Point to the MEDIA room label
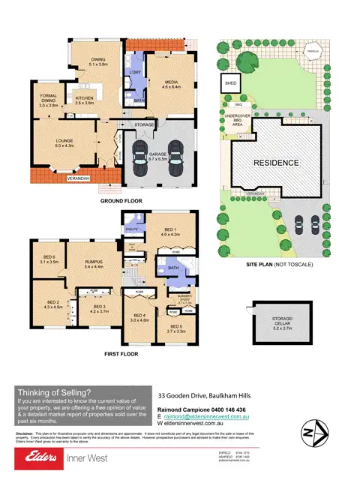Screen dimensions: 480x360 [x=166, y=85]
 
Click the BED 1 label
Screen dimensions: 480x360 [x=172, y=233]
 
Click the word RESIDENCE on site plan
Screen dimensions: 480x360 [x=275, y=163]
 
